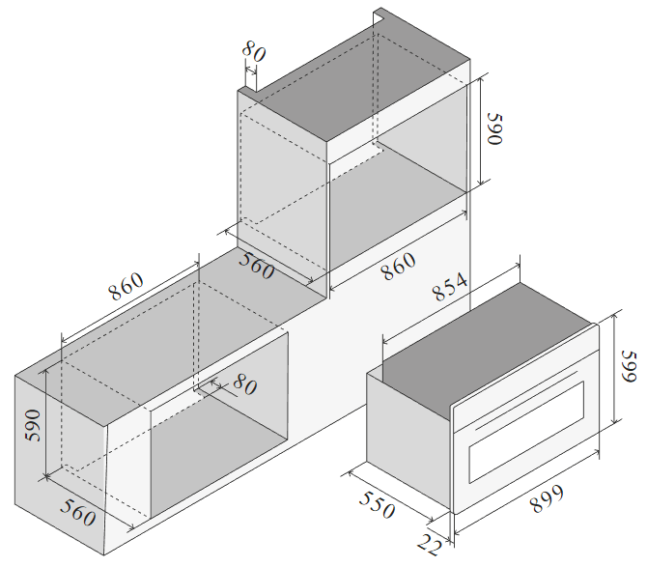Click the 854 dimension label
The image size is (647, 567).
[x=450, y=286]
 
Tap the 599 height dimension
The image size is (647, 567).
[x=630, y=367]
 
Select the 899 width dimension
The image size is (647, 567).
[x=547, y=498]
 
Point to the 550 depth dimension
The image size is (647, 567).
[x=378, y=504]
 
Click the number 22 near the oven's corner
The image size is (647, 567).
[x=430, y=545]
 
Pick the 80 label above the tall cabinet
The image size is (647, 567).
[x=254, y=51]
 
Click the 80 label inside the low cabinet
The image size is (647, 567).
[x=245, y=384]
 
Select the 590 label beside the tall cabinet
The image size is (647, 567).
[x=494, y=128]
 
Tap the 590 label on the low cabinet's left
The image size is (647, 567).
[x=33, y=425]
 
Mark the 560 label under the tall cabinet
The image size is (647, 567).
[x=257, y=267]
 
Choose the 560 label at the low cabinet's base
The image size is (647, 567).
[x=78, y=513]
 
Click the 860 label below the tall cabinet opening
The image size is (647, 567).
[x=398, y=267]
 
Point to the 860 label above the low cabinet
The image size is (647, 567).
[x=126, y=286]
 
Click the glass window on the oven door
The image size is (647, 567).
[x=526, y=432]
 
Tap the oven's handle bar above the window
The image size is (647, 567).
[x=526, y=401]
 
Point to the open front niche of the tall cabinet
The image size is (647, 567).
[x=398, y=177]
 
